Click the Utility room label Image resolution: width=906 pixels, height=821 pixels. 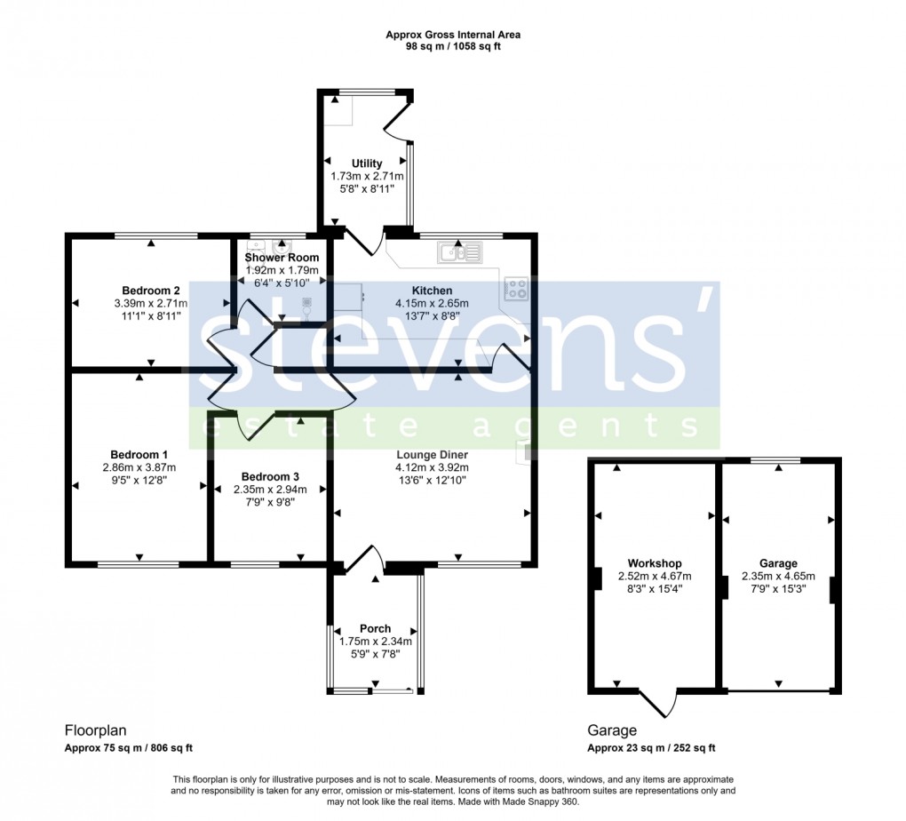(367, 163)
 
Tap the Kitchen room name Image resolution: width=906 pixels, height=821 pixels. (432, 291)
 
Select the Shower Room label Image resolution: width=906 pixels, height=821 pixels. (282, 258)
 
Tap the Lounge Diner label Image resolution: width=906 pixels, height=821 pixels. (433, 455)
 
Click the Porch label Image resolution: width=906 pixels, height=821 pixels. (375, 629)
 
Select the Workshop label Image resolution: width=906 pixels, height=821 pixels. (654, 563)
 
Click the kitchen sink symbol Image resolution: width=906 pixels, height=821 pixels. (459, 253)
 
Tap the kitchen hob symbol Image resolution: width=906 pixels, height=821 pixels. (516, 288)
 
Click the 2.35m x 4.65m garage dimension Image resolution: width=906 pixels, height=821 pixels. (778, 576)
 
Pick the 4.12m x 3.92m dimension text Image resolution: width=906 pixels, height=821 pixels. (433, 467)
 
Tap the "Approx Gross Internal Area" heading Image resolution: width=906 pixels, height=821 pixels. (453, 35)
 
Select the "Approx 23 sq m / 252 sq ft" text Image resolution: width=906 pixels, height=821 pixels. (651, 748)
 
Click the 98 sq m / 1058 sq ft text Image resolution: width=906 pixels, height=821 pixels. (453, 46)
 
